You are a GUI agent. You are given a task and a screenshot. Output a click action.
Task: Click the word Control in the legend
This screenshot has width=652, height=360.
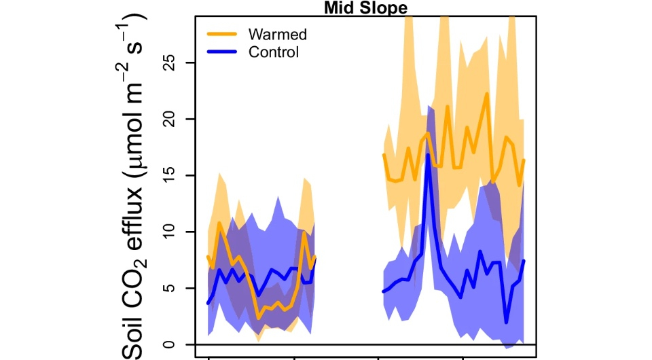pyautogui.click(x=274, y=52)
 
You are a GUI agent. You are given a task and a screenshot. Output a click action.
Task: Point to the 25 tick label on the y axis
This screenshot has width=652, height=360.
pyautogui.click(x=170, y=62)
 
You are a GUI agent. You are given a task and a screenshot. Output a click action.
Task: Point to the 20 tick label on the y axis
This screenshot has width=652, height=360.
pyautogui.click(x=170, y=119)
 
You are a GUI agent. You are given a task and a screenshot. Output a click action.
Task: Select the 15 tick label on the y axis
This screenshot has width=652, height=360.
pyautogui.click(x=170, y=175)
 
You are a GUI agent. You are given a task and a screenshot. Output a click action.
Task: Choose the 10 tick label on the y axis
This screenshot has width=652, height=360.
pyautogui.click(x=170, y=232)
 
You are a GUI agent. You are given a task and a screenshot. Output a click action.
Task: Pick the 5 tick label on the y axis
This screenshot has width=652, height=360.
pyautogui.click(x=170, y=288)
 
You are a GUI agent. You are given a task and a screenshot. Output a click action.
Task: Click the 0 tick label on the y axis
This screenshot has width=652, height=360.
pyautogui.click(x=170, y=344)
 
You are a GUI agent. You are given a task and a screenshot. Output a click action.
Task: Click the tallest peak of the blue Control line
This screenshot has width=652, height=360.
pyautogui.click(x=429, y=155)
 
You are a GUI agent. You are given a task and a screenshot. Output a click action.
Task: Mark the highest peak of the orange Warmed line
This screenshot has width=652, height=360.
pyautogui.click(x=487, y=94)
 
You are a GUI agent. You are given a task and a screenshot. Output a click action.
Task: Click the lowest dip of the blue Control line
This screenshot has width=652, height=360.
pyautogui.click(x=506, y=322)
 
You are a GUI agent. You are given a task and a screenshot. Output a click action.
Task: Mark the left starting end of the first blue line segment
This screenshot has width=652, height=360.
pyautogui.click(x=208, y=303)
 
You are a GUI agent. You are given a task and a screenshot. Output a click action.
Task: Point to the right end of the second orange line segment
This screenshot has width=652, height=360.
pyautogui.click(x=524, y=160)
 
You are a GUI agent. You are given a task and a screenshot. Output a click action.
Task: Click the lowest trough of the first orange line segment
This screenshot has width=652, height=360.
pyautogui.click(x=258, y=317)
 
